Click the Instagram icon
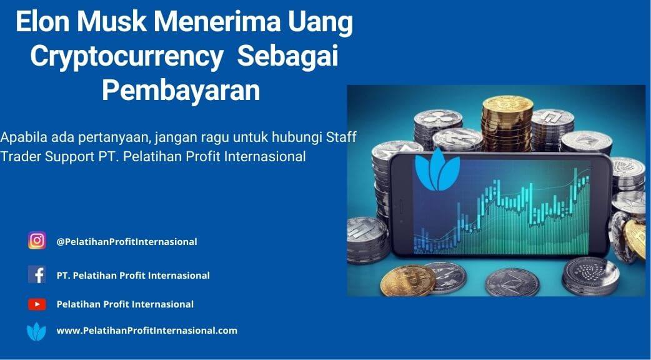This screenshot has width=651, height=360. [37, 241]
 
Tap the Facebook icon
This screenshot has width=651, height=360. [37, 274]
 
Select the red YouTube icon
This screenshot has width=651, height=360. [37, 304]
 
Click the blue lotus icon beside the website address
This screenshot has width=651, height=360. [36, 332]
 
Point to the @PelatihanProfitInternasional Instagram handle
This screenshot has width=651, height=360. [127, 242]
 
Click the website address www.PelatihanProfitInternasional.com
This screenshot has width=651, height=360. [147, 331]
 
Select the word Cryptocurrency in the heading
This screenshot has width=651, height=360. [127, 57]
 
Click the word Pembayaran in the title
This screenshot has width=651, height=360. [181, 90]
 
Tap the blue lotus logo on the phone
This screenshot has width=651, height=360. [437, 170]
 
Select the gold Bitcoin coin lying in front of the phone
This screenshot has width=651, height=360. [408, 281]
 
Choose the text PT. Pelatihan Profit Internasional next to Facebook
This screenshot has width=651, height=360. [133, 275]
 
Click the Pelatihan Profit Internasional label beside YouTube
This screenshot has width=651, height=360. [125, 304]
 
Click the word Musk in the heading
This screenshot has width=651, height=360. [112, 23]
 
